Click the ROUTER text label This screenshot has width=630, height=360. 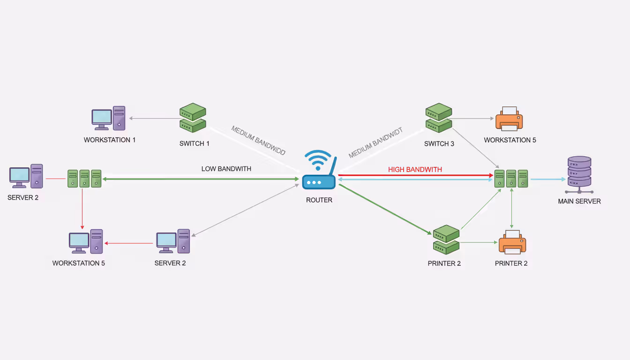coord(319,200)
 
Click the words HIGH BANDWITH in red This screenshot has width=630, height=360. coord(415,170)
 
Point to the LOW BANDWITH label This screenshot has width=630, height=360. coord(226,169)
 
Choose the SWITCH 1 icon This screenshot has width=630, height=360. coord(193,118)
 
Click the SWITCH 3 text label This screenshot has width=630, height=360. coord(439,144)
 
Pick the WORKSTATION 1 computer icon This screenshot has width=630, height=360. coord(108,119)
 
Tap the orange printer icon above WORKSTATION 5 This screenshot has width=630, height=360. coord(509,119)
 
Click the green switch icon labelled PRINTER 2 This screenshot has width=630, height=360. coord(446,239)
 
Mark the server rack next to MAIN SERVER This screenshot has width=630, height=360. coord(511,179)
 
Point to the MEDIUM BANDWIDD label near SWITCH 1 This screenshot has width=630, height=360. coord(258,141)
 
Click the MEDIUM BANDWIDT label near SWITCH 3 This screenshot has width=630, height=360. coord(376,143)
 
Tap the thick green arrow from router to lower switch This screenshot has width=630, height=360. coord(384,209)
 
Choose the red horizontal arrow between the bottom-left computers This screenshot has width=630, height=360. coord(130,243)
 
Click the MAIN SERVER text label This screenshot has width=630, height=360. coord(579,201)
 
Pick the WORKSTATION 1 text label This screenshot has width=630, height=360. coord(110,140)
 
